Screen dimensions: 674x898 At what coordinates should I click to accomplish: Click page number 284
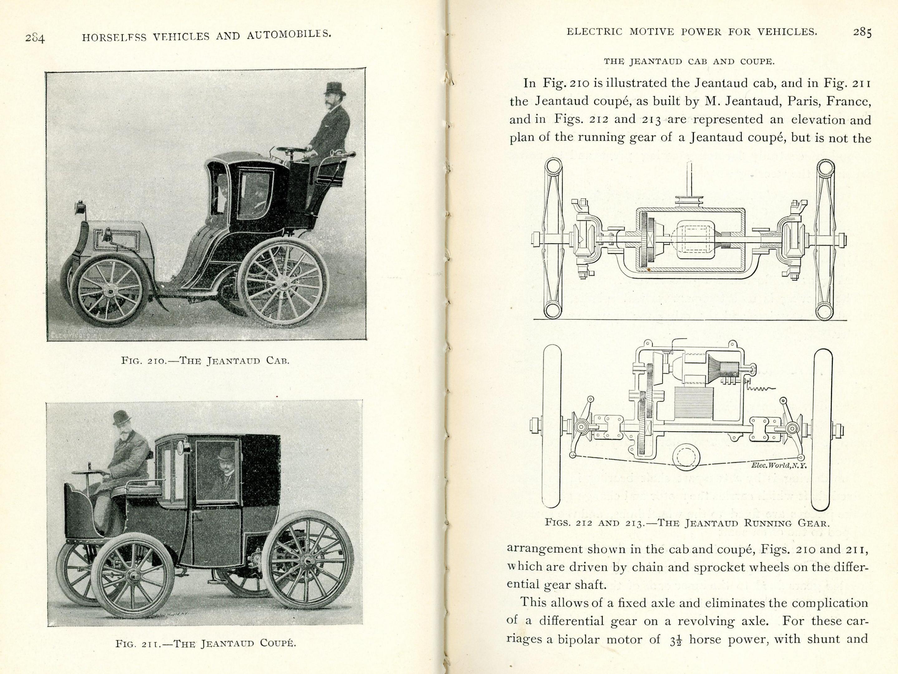(x=35, y=38)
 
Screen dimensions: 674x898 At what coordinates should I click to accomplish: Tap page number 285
(x=862, y=32)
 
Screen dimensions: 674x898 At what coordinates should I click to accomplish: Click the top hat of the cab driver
(x=335, y=88)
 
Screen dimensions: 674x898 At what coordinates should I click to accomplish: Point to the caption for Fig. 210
(x=205, y=360)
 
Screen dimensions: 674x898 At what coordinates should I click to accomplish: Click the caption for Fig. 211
(x=205, y=655)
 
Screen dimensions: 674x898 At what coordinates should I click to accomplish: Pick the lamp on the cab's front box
(x=80, y=207)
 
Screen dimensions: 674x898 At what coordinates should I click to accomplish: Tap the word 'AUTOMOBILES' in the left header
(x=289, y=35)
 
